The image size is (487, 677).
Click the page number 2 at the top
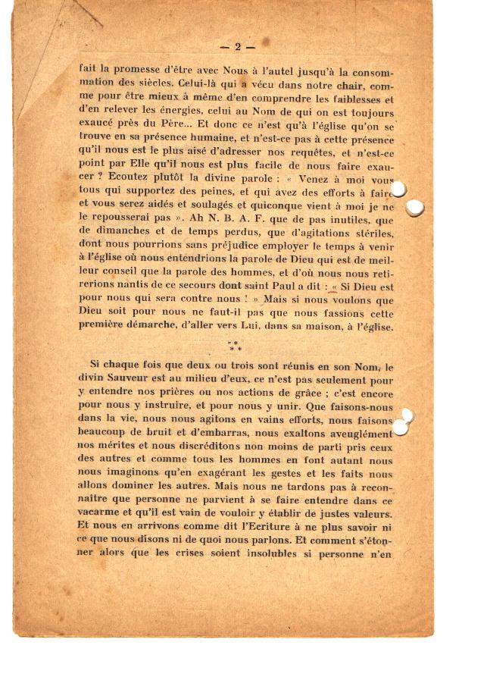(x=237, y=47)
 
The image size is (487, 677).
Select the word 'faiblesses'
(x=352, y=98)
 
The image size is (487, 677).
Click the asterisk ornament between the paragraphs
(x=234, y=346)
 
